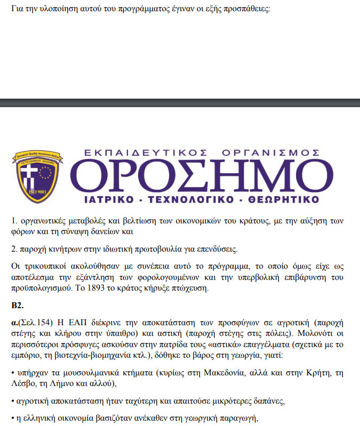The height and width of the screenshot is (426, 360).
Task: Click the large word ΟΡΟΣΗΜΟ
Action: tap(203, 176)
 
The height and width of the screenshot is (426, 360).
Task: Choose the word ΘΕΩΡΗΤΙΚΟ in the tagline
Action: tap(279, 200)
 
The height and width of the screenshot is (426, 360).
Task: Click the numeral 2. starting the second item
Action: tap(15, 249)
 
